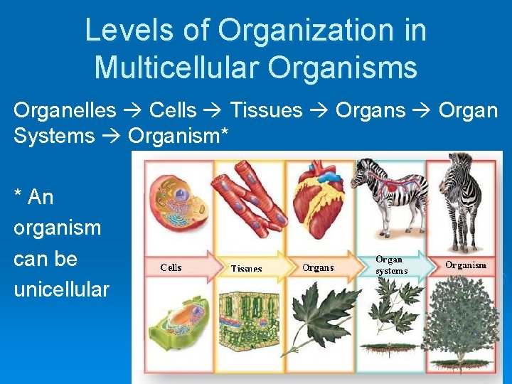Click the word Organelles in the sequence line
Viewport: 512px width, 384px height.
(65, 110)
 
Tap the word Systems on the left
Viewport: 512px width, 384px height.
(54, 136)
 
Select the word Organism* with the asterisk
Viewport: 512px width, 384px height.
(178, 136)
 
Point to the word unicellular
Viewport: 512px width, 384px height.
(61, 290)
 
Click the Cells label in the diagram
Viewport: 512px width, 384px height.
(171, 267)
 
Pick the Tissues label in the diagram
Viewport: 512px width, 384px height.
(246, 269)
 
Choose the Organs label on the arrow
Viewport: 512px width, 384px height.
(318, 267)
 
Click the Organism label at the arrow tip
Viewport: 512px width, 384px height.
(466, 265)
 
